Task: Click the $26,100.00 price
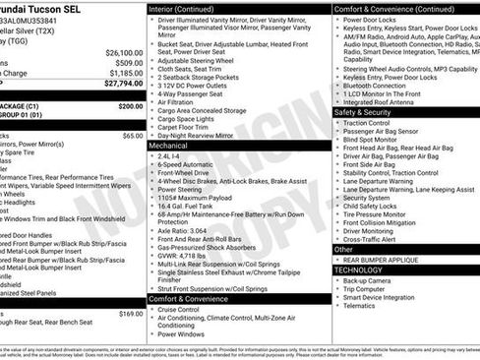pos(124,52)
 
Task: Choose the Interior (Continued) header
pos(188,8)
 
